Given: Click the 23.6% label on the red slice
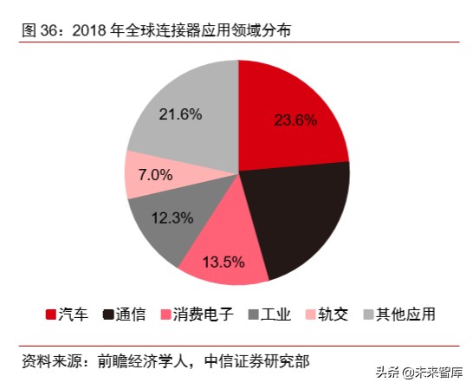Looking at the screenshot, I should point(295,120).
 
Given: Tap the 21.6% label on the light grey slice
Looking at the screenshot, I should point(180,113).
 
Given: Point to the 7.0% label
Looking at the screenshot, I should point(155,174).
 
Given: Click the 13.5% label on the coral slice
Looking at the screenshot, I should point(223,261).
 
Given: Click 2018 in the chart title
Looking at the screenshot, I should point(90,30).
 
